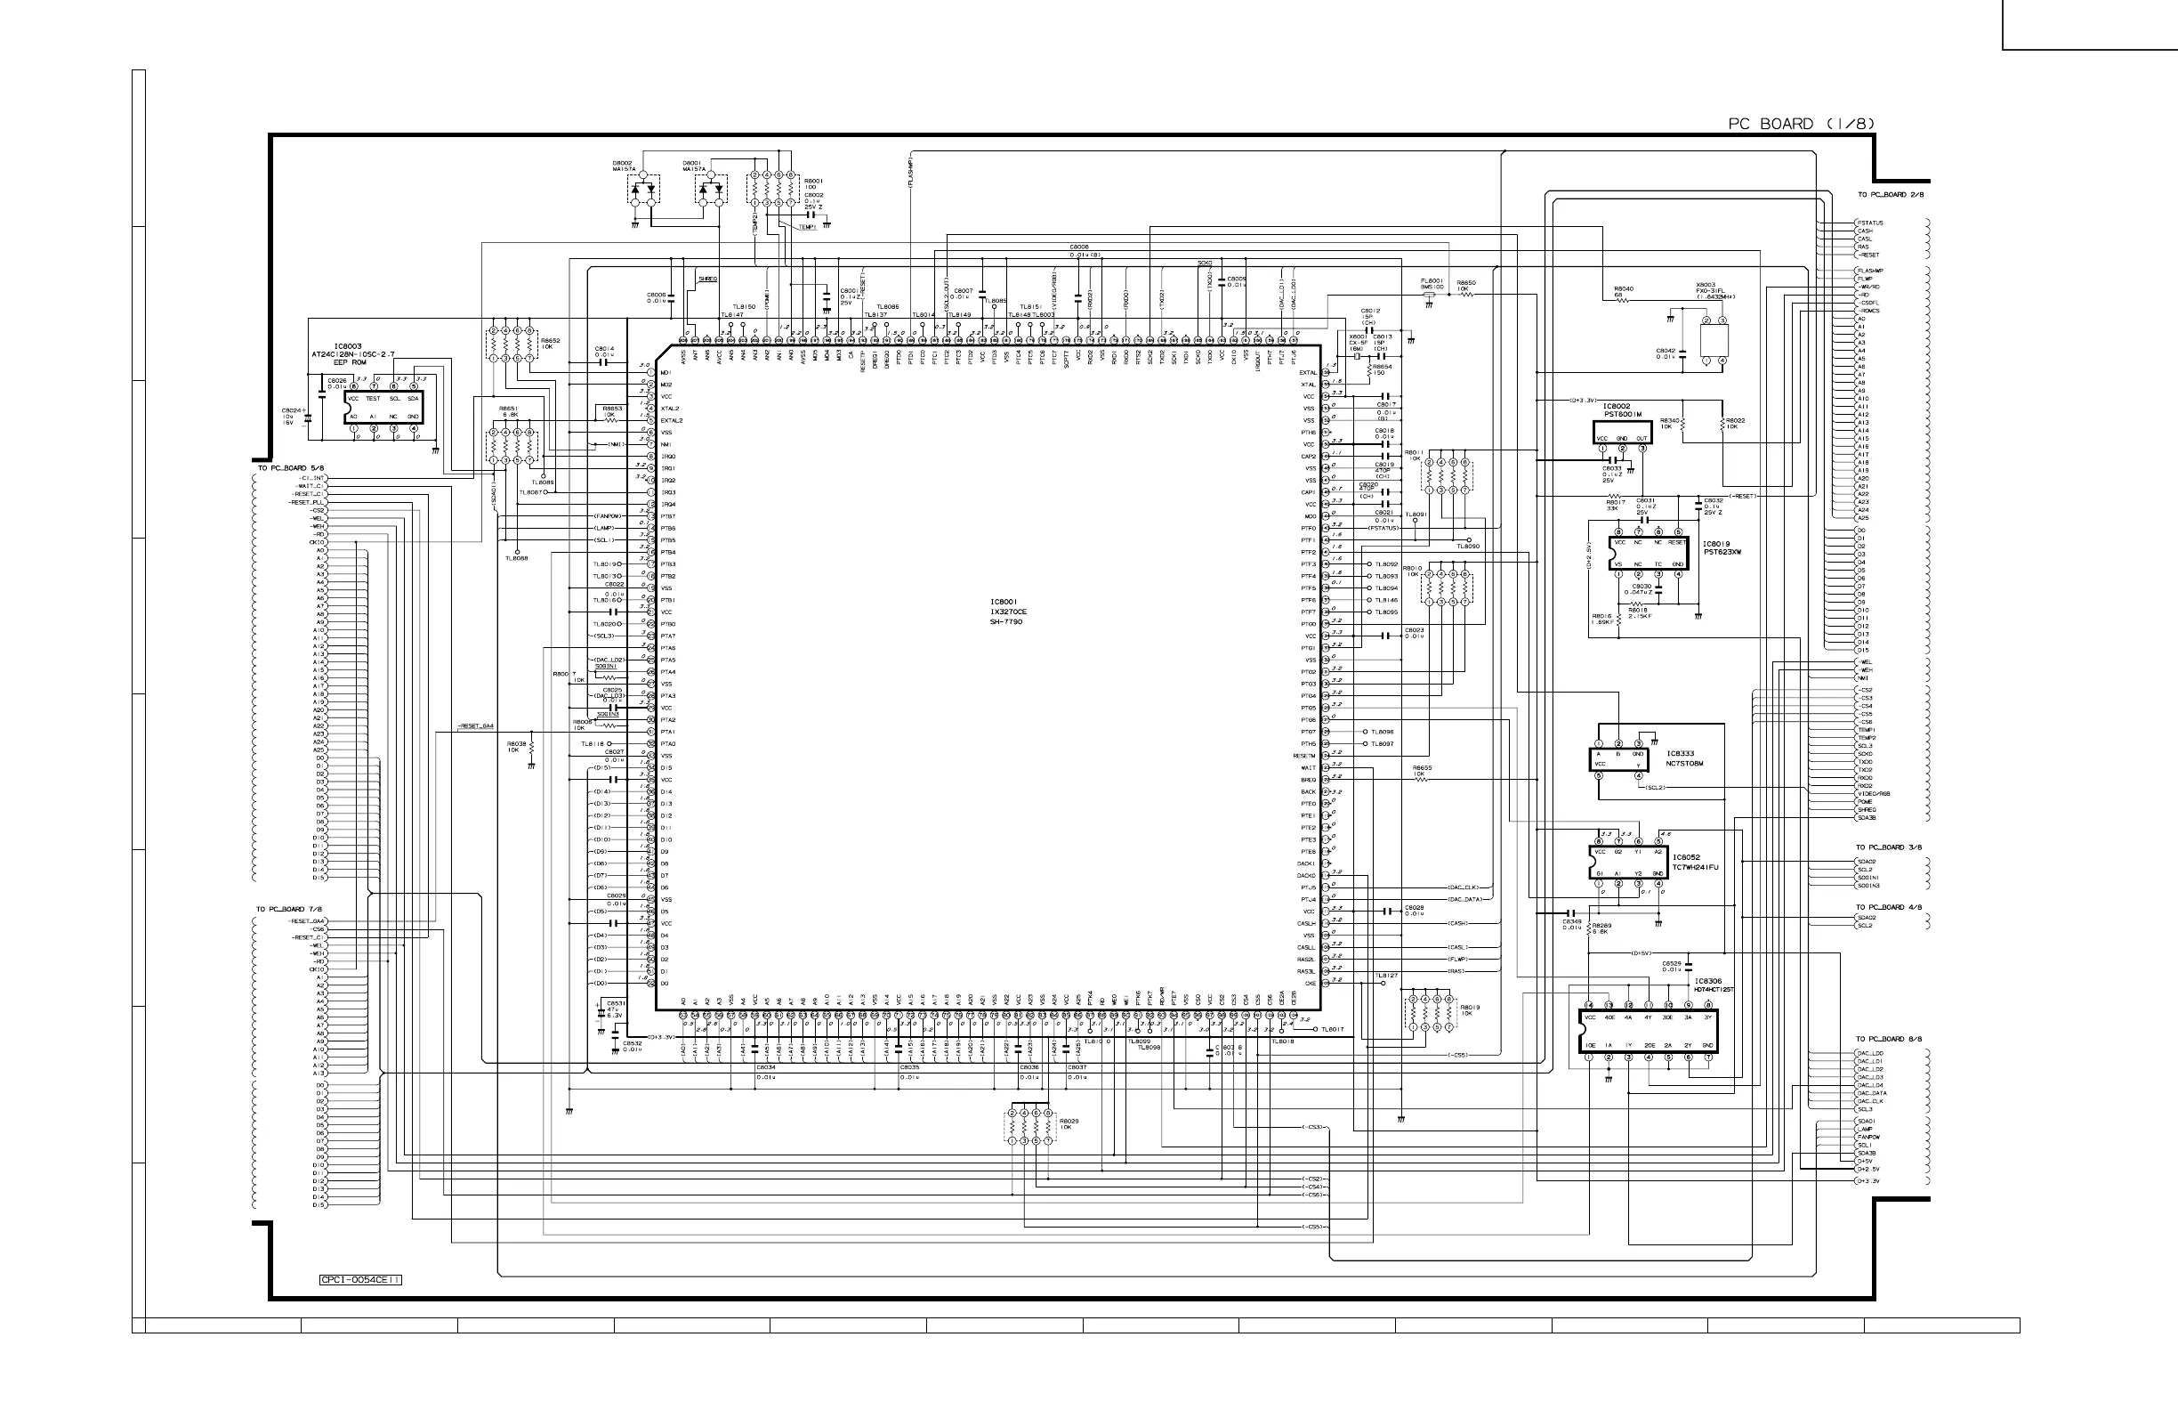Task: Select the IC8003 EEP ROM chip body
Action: click(383, 408)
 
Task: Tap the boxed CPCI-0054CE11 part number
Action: click(360, 1280)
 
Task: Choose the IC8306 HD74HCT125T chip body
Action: click(1648, 1031)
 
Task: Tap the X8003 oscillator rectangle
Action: click(1714, 341)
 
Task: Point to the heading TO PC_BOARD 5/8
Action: click(290, 468)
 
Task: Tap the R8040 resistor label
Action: click(1624, 290)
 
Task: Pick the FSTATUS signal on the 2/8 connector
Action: click(1870, 223)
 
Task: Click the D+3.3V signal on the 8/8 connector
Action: click(1867, 1181)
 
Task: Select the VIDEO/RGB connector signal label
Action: click(1873, 794)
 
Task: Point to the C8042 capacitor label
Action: click(1666, 352)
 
